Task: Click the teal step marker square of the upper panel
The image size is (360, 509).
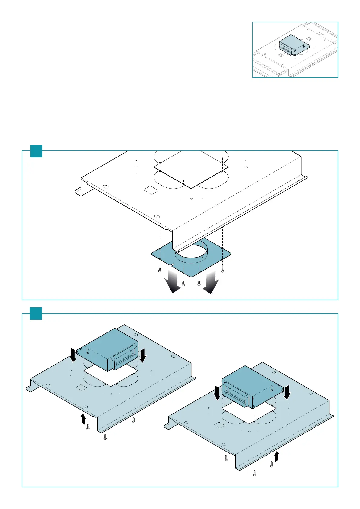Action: [x=36, y=151]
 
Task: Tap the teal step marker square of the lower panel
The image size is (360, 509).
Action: [x=36, y=313]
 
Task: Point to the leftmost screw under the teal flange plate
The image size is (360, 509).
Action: [x=160, y=270]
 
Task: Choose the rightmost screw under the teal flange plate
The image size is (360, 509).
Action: [x=223, y=270]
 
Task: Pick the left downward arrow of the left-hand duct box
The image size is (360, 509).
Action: [x=73, y=355]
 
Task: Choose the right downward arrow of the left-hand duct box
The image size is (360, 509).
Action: [x=143, y=355]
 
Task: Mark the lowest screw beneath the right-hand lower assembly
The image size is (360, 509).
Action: [x=255, y=475]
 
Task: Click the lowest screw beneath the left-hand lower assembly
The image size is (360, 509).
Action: [x=105, y=438]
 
